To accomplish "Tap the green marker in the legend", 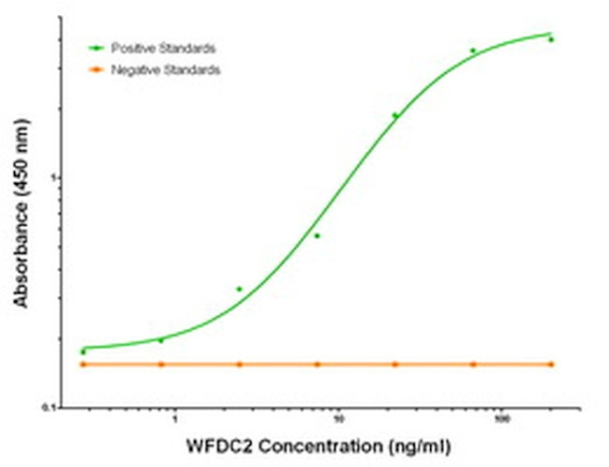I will click(97, 47).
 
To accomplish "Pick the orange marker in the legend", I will click(97, 70).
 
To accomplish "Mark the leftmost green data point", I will click(83, 352).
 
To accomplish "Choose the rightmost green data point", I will click(551, 39).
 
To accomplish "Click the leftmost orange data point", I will click(83, 364).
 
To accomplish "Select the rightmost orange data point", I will click(551, 364).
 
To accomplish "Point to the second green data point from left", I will click(160, 340).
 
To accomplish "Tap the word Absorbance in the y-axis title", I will click(21, 258).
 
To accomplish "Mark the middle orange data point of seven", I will click(317, 364).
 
